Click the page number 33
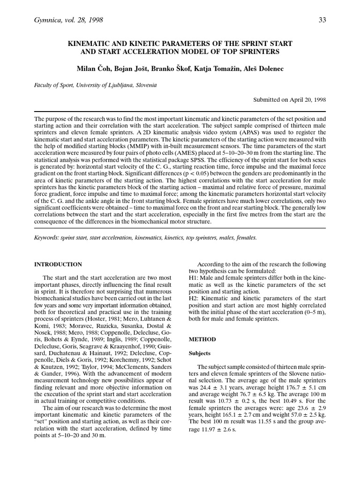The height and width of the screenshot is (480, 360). click(322, 20)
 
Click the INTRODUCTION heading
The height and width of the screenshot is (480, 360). click(59, 264)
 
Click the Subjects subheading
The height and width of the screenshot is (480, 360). click(200, 353)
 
